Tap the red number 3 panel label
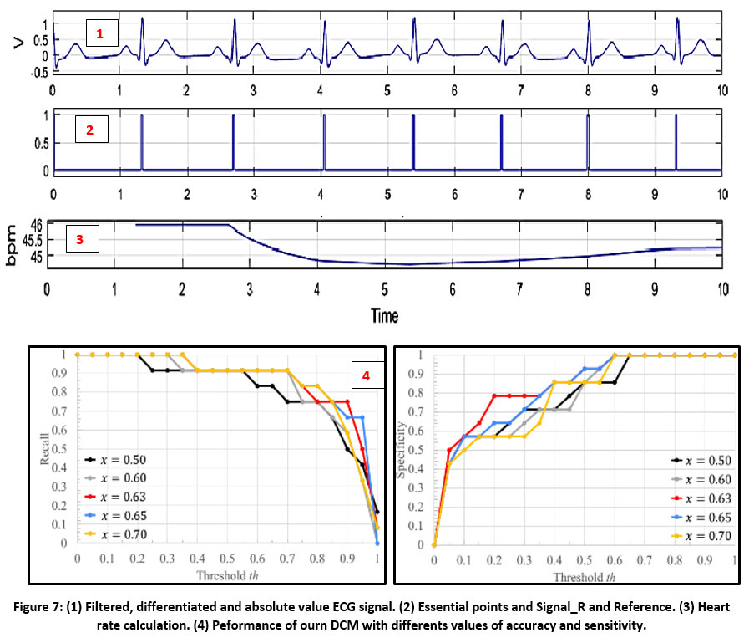point(79,237)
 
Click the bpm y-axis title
point(12,245)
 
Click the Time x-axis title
point(385,316)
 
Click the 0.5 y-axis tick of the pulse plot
point(38,141)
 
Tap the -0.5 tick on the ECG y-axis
point(36,72)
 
